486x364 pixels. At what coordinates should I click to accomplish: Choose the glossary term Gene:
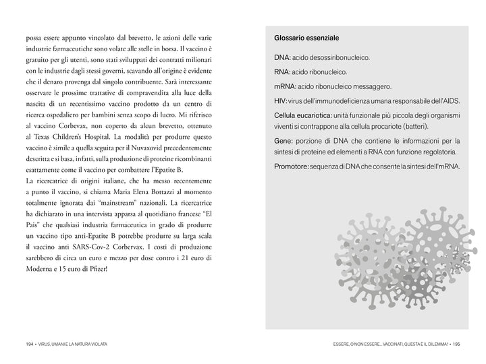(284, 141)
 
